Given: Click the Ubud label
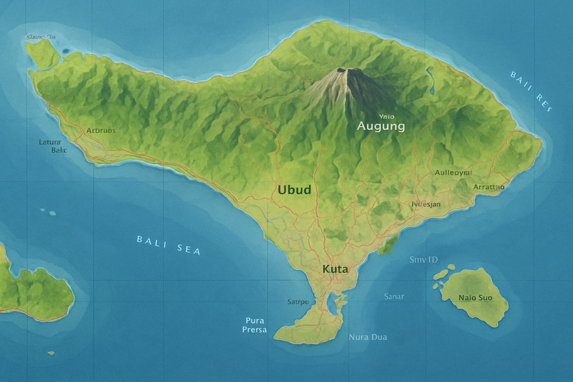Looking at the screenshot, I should click(x=294, y=190).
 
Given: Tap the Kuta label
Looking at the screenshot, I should click(x=335, y=269).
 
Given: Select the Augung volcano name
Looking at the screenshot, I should click(x=381, y=126).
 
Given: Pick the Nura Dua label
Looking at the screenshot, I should click(x=368, y=337).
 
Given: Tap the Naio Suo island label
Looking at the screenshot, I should click(x=475, y=298).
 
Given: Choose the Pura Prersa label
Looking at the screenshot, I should click(x=255, y=325).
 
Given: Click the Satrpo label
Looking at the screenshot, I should click(x=298, y=302).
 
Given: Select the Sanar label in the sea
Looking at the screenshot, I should click(x=394, y=297).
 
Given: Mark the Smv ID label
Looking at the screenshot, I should click(x=423, y=260).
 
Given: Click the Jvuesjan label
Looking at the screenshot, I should click(x=426, y=204).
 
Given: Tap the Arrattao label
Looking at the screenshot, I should click(x=489, y=187).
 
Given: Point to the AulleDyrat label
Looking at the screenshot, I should click(x=453, y=173).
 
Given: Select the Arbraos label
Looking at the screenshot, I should click(x=101, y=131).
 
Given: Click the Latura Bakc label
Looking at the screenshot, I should click(x=53, y=146).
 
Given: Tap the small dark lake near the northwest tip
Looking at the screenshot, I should click(x=67, y=51).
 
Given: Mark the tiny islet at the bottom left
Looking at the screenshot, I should click(x=51, y=353).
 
